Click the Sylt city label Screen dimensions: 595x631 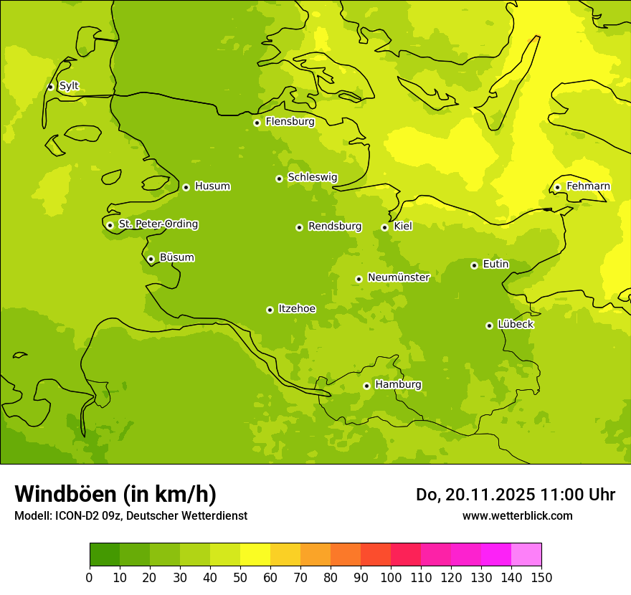pos(69,86)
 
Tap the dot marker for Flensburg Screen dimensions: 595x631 pos(257,123)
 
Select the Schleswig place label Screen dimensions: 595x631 pos(312,177)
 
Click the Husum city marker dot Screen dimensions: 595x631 pos(186,187)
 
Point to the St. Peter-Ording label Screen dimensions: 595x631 pos(158,224)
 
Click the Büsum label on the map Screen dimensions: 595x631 pos(176,257)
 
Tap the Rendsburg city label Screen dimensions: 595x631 pos(334,227)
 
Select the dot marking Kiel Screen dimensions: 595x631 pos(384,227)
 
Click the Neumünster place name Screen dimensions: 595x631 pos(398,277)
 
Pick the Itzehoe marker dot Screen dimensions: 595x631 pos(270,310)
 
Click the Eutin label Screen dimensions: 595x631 pos(495,264)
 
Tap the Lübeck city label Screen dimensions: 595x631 pos(515,324)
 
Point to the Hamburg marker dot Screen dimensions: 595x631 pos(366,386)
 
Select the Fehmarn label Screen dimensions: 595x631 pos(588,186)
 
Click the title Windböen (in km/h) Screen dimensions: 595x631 pos(115,494)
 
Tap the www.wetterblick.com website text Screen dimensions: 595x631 pos(517,515)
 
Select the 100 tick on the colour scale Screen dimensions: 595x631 pos(391,577)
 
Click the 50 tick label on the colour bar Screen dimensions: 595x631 pos(240,577)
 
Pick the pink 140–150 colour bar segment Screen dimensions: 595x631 pos(526,554)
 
